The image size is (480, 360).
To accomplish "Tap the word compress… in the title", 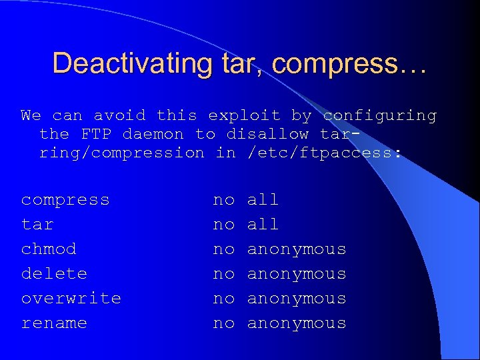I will click(x=349, y=63).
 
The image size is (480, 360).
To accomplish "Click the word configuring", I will click(x=379, y=115).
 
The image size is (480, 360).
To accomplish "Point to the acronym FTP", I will click(x=96, y=134).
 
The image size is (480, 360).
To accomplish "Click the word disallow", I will click(x=267, y=134).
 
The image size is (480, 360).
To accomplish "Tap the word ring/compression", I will click(x=122, y=153).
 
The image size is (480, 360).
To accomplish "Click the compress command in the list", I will click(x=65, y=200).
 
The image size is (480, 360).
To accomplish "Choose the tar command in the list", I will click(x=37, y=225).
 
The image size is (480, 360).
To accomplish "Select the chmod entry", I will click(x=49, y=249).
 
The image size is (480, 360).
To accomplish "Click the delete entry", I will click(x=54, y=274).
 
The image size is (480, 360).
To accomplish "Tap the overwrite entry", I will click(x=71, y=299).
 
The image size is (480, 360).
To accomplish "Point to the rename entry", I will click(x=54, y=323).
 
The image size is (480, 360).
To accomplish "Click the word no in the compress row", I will click(x=224, y=200).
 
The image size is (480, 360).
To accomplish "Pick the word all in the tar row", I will click(x=263, y=225).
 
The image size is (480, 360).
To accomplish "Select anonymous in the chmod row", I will click(x=297, y=249).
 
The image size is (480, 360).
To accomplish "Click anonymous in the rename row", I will click(x=297, y=323).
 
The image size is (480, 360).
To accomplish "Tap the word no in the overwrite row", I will click(x=224, y=299).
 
